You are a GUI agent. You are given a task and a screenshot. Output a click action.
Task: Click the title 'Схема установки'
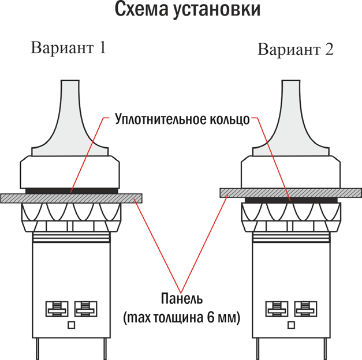coord(181,10)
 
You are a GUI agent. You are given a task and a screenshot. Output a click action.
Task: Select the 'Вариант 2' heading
coord(295,49)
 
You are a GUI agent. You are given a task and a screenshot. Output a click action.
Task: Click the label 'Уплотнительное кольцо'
coord(182,120)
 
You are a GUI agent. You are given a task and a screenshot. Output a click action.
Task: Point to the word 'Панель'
coord(181,299)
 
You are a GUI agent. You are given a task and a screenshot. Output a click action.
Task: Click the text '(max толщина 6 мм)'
coord(181,317)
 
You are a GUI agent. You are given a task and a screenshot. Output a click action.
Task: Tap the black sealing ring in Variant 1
coord(71,190)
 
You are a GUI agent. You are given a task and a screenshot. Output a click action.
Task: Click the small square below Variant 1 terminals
coord(71,325)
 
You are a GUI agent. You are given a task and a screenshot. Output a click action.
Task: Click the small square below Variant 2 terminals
coord(290,325)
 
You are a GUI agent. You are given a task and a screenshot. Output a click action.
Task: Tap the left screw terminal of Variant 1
coord(55,307)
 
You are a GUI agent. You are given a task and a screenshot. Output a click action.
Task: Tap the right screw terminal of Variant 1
coord(86,307)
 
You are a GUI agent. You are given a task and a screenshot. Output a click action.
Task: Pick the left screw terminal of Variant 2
coord(274,307)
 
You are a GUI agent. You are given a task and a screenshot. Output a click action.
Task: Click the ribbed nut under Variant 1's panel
coord(71,215)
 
